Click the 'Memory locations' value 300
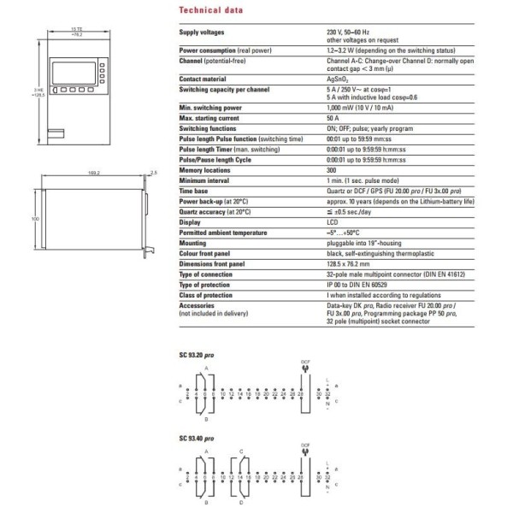332,171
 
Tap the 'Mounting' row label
193,242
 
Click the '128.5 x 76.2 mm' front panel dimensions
349,266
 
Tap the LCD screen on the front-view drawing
72,69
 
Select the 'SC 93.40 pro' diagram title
197,438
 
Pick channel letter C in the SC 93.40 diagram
242,451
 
